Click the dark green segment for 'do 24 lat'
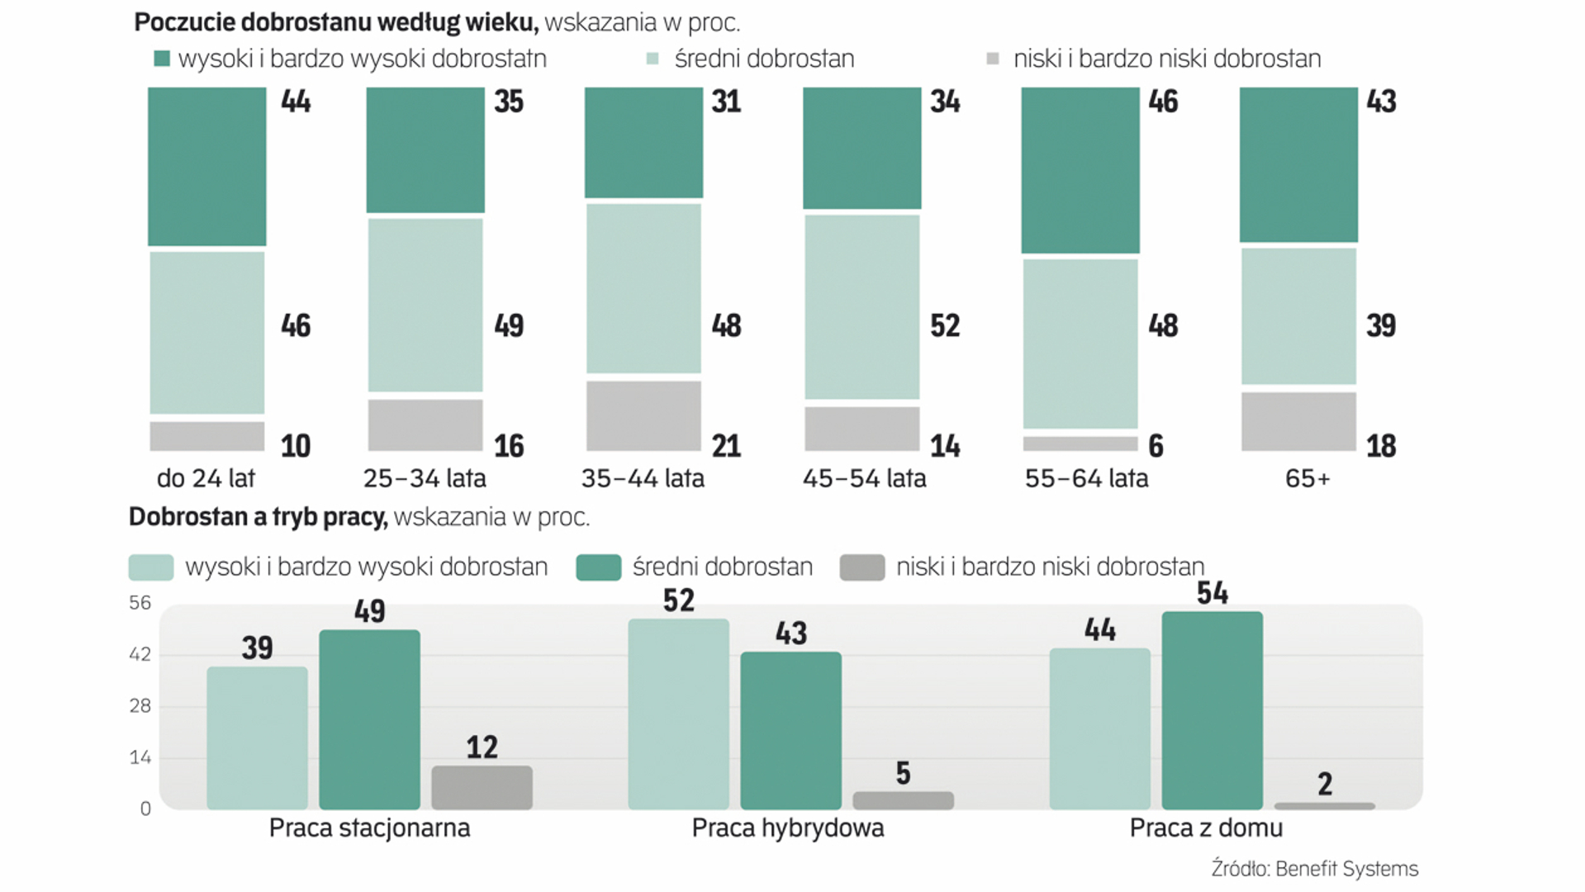tap(206, 166)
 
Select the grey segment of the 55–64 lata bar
tap(1080, 444)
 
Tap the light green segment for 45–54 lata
tap(861, 306)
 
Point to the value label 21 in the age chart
tap(726, 446)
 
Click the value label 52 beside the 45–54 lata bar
tap(945, 325)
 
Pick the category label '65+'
tap(1307, 478)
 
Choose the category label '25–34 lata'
tap(425, 478)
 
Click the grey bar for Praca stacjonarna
tap(482, 787)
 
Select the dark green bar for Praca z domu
tap(1212, 710)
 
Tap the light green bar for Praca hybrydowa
tap(678, 714)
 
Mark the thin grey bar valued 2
tap(1324, 805)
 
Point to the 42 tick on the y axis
tap(140, 654)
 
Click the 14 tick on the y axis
tap(140, 757)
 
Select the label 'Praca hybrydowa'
tap(787, 828)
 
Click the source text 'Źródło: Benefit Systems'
tap(1314, 869)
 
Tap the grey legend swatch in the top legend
tap(993, 59)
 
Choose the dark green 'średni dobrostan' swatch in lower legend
tap(598, 567)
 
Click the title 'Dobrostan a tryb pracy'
tap(258, 517)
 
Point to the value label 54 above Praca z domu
tap(1212, 593)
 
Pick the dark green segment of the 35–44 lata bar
tap(643, 142)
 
